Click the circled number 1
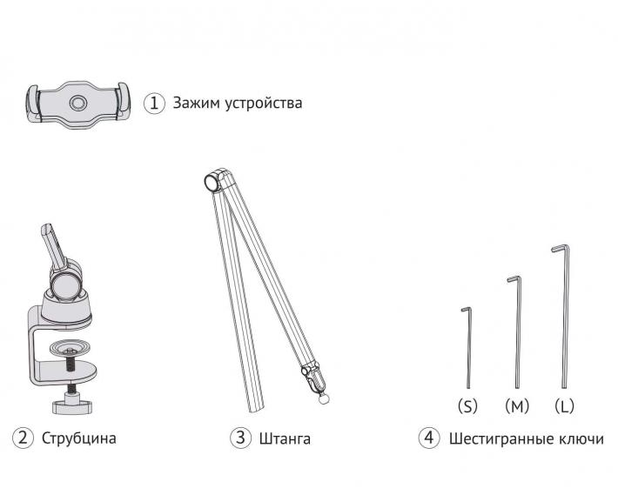[154, 104]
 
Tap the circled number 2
[23, 438]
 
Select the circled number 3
[240, 438]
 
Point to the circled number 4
[429, 438]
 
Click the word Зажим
[195, 104]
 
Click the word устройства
[263, 104]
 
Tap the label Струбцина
[79, 438]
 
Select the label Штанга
[285, 438]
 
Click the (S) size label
[467, 405]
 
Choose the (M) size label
[517, 405]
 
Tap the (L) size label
[564, 405]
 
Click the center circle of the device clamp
[77, 104]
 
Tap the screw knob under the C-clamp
[73, 405]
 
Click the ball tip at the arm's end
[324, 399]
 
